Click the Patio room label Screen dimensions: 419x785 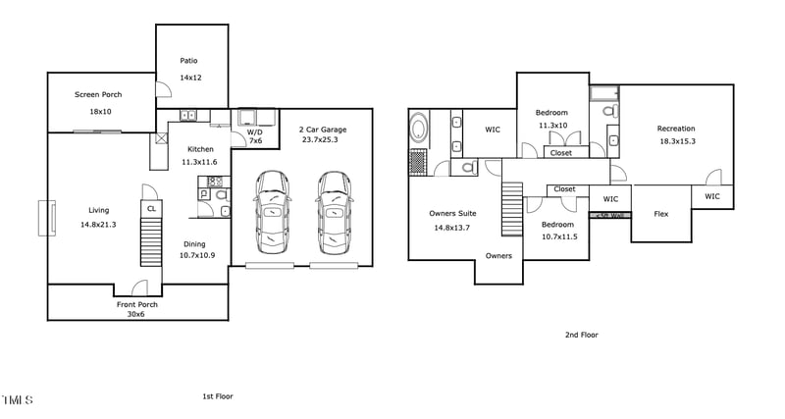pos(188,61)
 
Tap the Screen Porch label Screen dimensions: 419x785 pos(98,95)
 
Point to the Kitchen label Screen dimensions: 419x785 pos(200,149)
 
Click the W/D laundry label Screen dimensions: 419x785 pos(254,131)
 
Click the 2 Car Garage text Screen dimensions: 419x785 pos(323,129)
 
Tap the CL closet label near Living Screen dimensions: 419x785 pos(151,209)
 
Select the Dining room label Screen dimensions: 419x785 pos(193,243)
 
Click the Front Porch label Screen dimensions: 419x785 pos(137,304)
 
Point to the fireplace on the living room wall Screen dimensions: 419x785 pos(44,218)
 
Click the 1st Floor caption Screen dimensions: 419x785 pos(217,396)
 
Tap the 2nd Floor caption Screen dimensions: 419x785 pos(581,335)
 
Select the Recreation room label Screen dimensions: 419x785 pos(676,129)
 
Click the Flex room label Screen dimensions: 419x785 pos(661,213)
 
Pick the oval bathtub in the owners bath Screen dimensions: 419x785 pos(419,129)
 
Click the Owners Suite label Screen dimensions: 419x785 pos(452,213)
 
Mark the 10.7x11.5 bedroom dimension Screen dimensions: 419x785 pos(559,236)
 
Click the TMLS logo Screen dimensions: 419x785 pos(17,400)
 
